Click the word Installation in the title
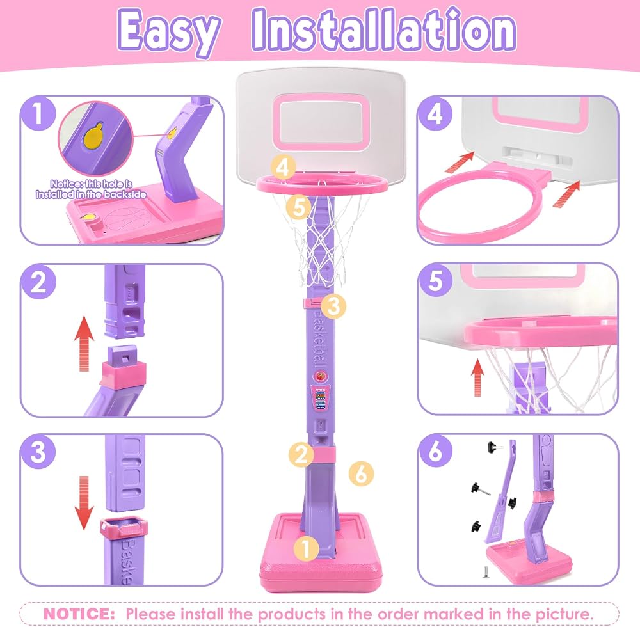[384, 30]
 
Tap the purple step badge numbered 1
[38, 113]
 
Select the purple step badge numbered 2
[38, 282]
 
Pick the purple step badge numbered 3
[38, 451]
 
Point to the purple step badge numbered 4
[435, 113]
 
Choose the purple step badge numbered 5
[435, 281]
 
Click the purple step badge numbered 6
[435, 450]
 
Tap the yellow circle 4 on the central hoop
[284, 167]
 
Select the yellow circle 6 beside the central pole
[361, 473]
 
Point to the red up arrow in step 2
[84, 344]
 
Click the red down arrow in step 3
[84, 503]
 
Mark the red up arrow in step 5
[477, 377]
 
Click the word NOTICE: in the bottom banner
[79, 613]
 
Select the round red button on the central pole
[321, 376]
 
